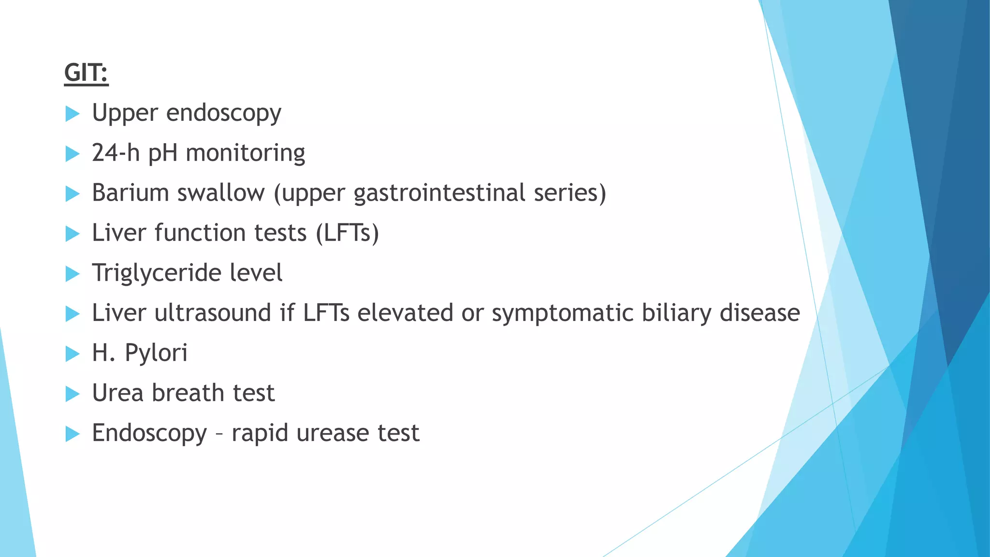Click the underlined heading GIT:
coord(86,73)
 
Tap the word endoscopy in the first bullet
coord(223,114)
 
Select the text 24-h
coord(116,153)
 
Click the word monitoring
coord(245,154)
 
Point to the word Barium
coord(130,193)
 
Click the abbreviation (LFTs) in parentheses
coord(347,233)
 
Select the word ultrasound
coord(212,313)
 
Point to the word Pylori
coord(156,353)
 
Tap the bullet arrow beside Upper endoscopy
coord(72,114)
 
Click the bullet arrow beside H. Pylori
coord(72,354)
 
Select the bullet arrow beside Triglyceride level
coord(72,274)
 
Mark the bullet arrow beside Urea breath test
coord(72,394)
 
